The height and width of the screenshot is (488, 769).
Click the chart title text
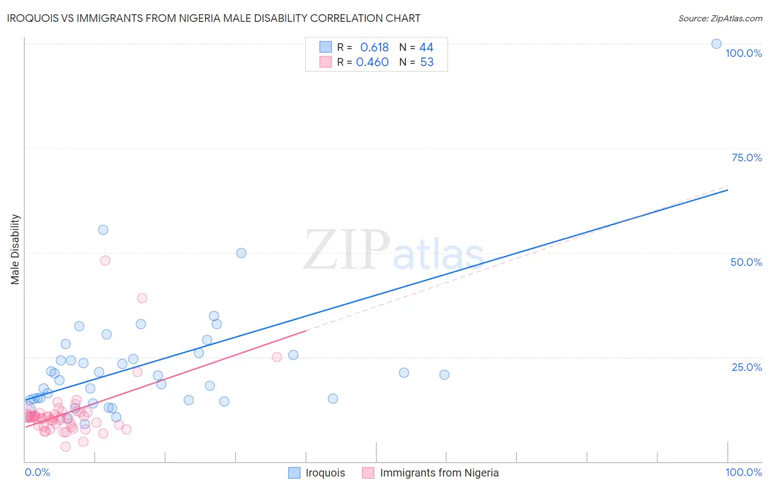click(214, 18)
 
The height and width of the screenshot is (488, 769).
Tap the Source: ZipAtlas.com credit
click(720, 18)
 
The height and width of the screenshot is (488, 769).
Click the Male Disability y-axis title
click(15, 249)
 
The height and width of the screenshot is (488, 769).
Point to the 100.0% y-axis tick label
click(743, 53)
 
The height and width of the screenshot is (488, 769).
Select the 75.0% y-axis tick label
click(747, 158)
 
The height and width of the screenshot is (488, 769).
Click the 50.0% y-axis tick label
click(746, 262)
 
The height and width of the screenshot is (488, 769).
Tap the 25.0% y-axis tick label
click(747, 367)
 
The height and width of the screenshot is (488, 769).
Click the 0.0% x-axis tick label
click(37, 472)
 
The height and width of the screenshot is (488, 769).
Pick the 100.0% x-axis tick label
click(743, 472)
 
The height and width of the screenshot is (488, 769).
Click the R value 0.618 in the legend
click(374, 48)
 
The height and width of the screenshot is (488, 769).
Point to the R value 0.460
click(372, 62)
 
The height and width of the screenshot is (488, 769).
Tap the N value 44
click(426, 48)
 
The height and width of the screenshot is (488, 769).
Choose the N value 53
click(427, 62)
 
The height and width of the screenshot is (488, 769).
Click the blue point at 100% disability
click(716, 44)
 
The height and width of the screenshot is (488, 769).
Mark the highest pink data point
click(105, 260)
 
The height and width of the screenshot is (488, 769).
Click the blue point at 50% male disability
click(241, 253)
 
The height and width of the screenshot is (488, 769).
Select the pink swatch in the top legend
click(325, 62)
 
